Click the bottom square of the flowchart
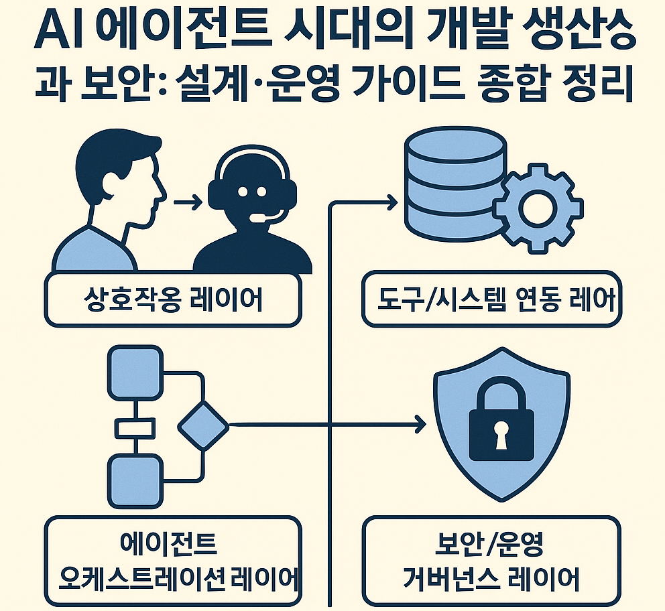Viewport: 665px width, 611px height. [x=135, y=480]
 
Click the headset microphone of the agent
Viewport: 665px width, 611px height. [x=255, y=215]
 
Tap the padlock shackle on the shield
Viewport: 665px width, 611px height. [x=501, y=396]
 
